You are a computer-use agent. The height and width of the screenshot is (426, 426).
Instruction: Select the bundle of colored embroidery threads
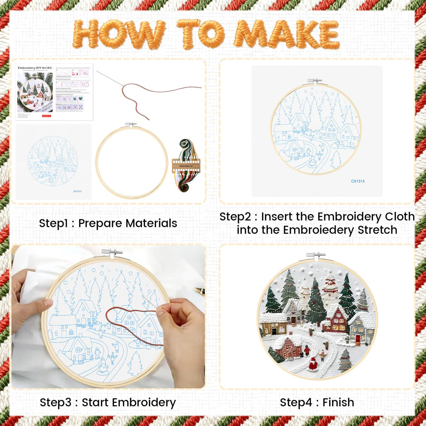click(x=186, y=165)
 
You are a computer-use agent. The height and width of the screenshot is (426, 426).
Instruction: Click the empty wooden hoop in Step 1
click(x=132, y=162)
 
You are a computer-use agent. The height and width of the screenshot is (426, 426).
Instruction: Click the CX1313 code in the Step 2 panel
click(x=358, y=181)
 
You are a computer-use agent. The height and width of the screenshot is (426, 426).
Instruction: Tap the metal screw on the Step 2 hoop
click(x=314, y=81)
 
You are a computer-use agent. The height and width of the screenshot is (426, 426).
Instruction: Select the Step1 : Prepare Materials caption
click(x=108, y=223)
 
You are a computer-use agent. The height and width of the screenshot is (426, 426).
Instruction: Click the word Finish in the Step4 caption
click(x=338, y=402)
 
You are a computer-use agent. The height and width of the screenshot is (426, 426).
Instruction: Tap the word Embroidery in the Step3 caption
click(x=146, y=402)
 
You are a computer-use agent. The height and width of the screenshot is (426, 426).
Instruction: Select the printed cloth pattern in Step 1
click(x=53, y=161)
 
